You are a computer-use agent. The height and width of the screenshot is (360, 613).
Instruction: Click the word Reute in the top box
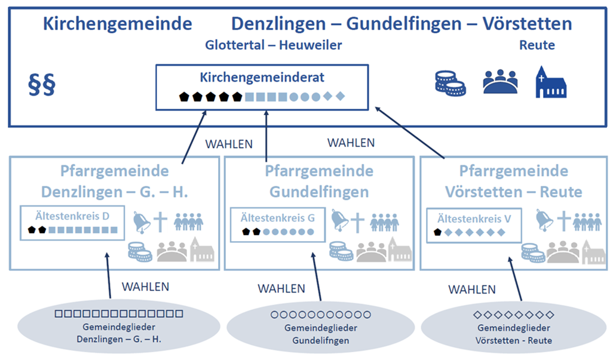pos(537,45)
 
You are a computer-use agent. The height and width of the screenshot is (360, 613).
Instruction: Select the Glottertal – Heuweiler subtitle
pos(273,45)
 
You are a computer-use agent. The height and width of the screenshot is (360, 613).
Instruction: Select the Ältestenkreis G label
pos(277,218)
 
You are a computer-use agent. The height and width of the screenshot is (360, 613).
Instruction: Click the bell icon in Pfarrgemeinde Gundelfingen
pos(339,221)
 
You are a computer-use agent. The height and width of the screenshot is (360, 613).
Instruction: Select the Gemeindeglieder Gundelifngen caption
pos(320,334)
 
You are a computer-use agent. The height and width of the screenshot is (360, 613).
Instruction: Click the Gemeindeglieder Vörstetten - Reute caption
pos(514,334)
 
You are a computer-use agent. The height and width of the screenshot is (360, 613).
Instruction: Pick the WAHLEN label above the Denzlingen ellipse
pos(145,287)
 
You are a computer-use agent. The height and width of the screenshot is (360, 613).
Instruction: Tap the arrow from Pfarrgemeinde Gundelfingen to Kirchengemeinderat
pos(265,137)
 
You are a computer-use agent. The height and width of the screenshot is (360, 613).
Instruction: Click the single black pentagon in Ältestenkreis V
pos(437,233)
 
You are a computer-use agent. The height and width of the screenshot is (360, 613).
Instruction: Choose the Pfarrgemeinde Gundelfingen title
pos(318,182)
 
